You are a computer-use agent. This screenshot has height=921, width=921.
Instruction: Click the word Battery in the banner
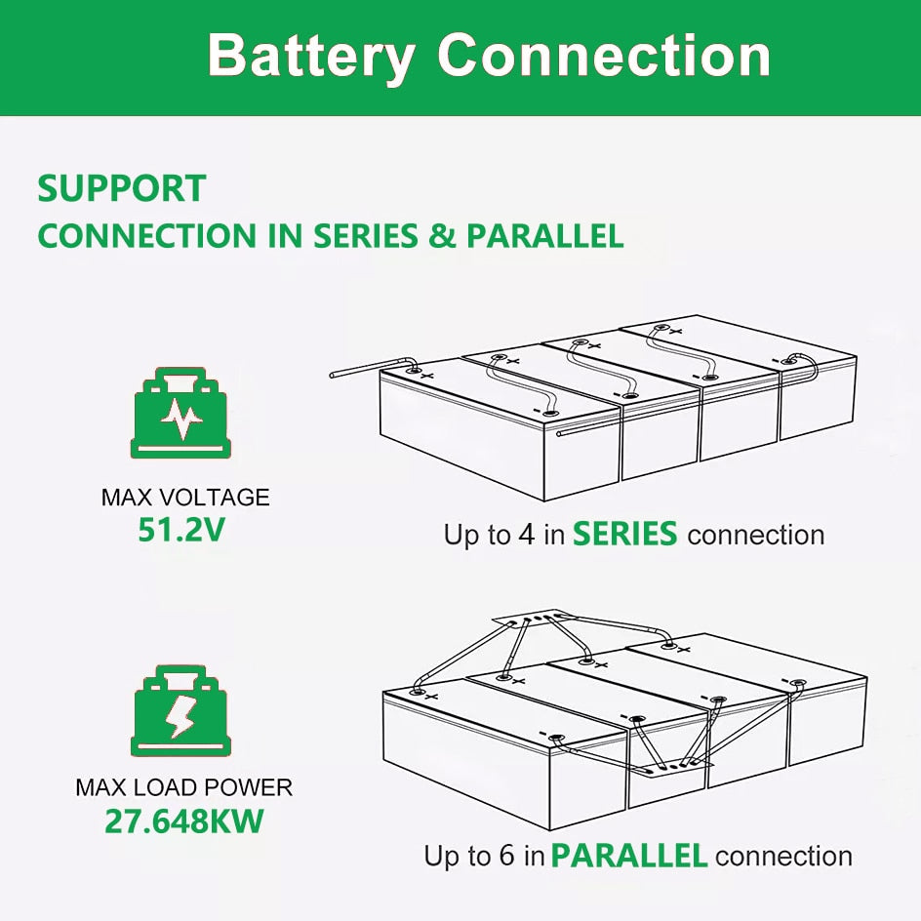pyautogui.click(x=311, y=56)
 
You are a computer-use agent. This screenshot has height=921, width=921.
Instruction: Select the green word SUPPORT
pyautogui.click(x=121, y=188)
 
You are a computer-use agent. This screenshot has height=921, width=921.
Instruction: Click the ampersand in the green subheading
pyautogui.click(x=442, y=236)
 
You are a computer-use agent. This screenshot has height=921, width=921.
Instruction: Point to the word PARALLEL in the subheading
pyautogui.click(x=544, y=236)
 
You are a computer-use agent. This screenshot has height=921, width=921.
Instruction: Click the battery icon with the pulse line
pyautogui.click(x=180, y=414)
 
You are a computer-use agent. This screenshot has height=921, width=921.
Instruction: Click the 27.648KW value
pyautogui.click(x=184, y=821)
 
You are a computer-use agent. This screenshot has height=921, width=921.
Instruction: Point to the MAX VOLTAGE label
pyautogui.click(x=185, y=498)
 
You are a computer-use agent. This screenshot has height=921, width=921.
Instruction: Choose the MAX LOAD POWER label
pyautogui.click(x=184, y=786)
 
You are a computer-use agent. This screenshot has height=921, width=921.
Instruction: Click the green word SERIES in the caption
pyautogui.click(x=624, y=535)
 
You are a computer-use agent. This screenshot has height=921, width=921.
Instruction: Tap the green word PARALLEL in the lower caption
pyautogui.click(x=628, y=857)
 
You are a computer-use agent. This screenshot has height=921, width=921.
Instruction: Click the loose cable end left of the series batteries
pyautogui.click(x=337, y=373)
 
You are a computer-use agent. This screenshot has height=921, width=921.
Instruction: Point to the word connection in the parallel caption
pyautogui.click(x=783, y=857)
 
